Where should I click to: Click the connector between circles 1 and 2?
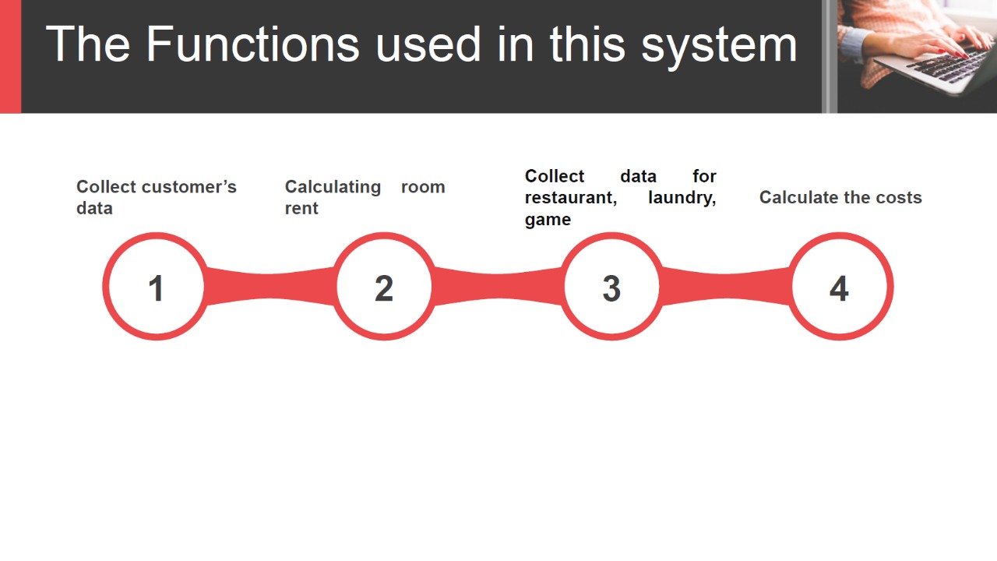(270, 286)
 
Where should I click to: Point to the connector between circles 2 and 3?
(498, 286)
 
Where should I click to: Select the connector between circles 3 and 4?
(726, 286)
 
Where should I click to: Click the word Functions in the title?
(252, 44)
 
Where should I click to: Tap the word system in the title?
(719, 47)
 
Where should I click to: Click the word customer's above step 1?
(188, 187)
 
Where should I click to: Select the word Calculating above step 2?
(333, 188)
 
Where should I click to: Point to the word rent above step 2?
(301, 208)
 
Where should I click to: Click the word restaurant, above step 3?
(571, 198)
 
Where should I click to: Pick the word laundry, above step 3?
(682, 198)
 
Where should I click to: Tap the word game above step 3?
(548, 220)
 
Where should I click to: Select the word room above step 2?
(423, 188)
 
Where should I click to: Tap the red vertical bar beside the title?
(10, 57)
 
